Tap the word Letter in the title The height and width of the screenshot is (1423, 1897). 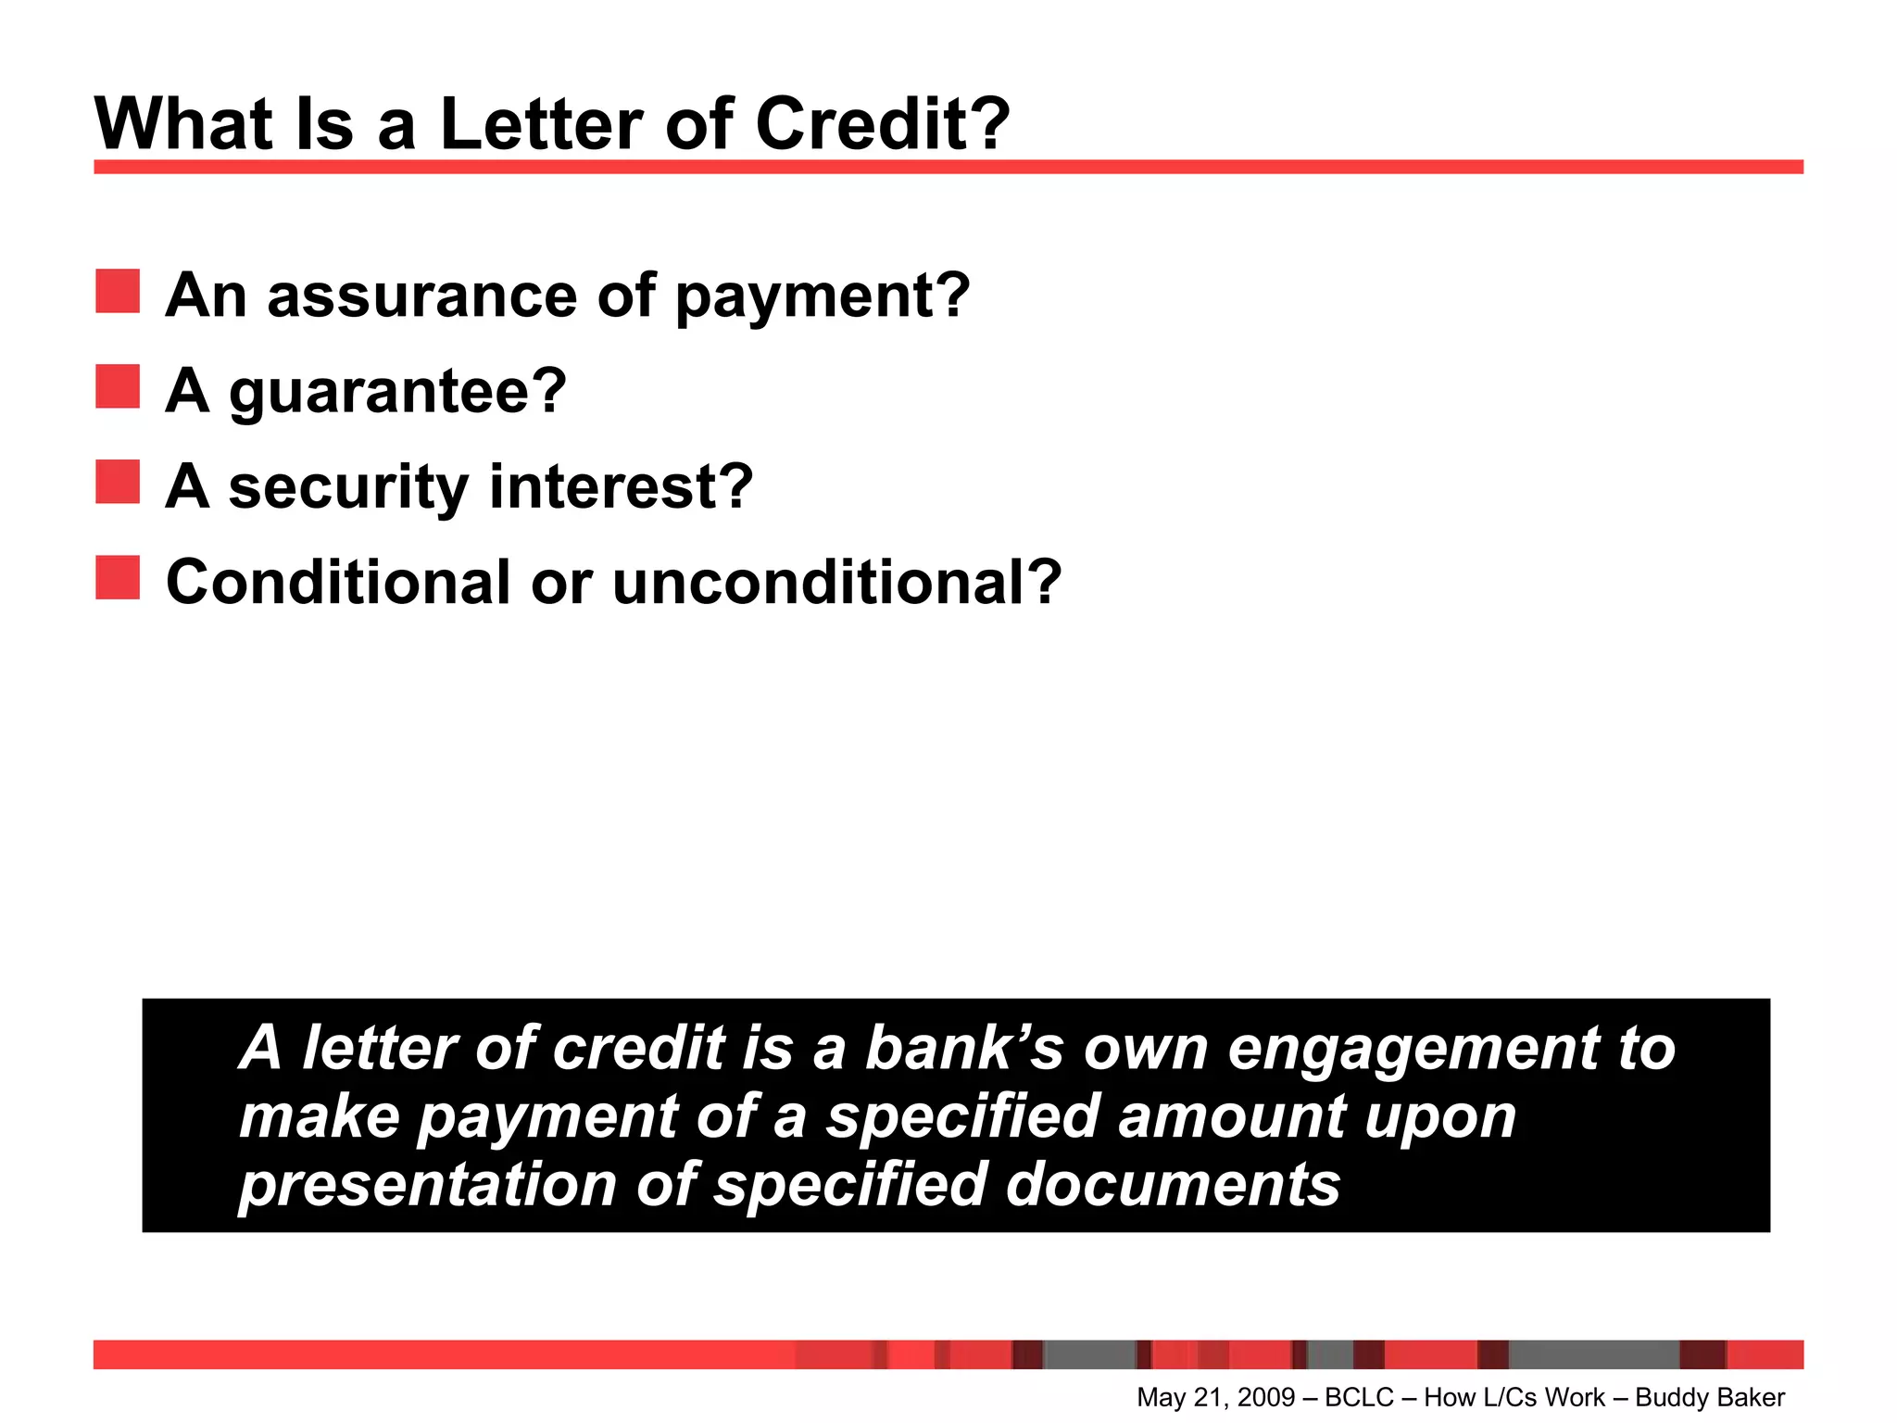point(542,124)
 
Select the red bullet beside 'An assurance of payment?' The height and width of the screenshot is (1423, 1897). point(118,291)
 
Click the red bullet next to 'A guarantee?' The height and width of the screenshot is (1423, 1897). point(118,386)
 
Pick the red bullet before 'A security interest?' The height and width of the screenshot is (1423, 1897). point(118,482)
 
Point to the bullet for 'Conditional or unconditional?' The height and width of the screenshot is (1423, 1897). point(118,577)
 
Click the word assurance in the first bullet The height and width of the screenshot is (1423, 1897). point(421,296)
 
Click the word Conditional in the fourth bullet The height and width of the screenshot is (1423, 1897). point(338,583)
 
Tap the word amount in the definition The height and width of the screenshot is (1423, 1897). point(1232,1116)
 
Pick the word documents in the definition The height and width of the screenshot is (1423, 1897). point(1173,1184)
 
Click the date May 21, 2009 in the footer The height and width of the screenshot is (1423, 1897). point(1215,1397)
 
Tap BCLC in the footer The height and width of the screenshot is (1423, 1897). point(1359,1397)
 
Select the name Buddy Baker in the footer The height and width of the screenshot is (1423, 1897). point(1710,1397)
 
